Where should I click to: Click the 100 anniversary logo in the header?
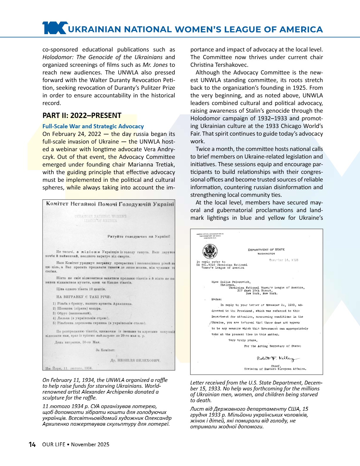tap(55, 28)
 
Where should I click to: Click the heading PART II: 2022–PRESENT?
tap(82, 115)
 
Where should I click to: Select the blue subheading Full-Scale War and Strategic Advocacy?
tap(93, 126)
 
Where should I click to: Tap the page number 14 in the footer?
tap(32, 444)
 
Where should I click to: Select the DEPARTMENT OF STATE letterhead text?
tap(266, 249)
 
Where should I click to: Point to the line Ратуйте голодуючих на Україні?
tap(139, 236)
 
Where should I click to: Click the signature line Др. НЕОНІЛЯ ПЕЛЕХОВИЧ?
tap(135, 360)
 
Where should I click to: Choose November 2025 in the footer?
tap(90, 444)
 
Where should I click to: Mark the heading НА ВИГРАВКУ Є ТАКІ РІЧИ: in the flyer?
tap(84, 297)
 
